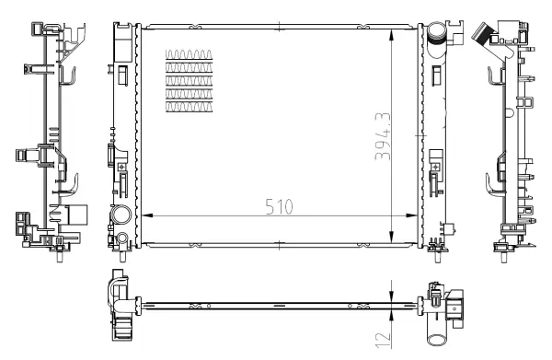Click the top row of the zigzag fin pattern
[190, 52]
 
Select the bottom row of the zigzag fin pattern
[190, 107]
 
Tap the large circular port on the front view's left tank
[120, 216]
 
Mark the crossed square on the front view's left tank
[121, 166]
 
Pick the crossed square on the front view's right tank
[434, 166]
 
